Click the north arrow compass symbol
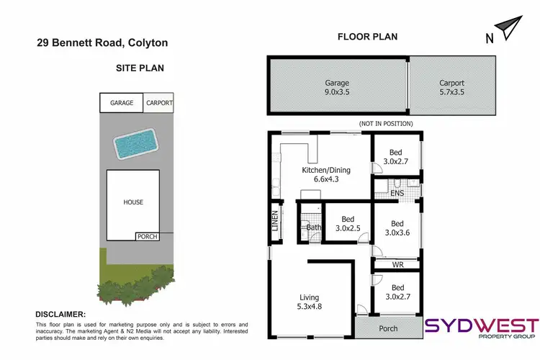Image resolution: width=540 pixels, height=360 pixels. click(x=509, y=30)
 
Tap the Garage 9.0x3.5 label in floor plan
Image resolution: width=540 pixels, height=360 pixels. click(x=337, y=87)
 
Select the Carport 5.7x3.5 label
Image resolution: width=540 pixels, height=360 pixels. click(x=451, y=87)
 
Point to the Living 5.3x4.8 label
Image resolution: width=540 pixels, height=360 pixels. click(x=310, y=302)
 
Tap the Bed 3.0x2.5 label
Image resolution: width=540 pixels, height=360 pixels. click(x=347, y=224)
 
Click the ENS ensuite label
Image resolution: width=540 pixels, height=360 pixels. click(x=396, y=194)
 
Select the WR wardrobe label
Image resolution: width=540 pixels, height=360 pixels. click(x=397, y=265)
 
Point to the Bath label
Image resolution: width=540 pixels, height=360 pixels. click(x=313, y=228)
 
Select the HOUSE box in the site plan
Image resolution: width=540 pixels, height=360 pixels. click(x=133, y=203)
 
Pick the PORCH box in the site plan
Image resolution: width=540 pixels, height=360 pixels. click(x=147, y=236)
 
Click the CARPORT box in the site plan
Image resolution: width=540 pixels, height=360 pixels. click(x=159, y=103)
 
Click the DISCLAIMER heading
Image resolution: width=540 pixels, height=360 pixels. click(x=60, y=315)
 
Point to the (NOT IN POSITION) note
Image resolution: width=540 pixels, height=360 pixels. click(x=386, y=124)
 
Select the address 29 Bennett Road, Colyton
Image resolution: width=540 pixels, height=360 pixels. click(x=103, y=43)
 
